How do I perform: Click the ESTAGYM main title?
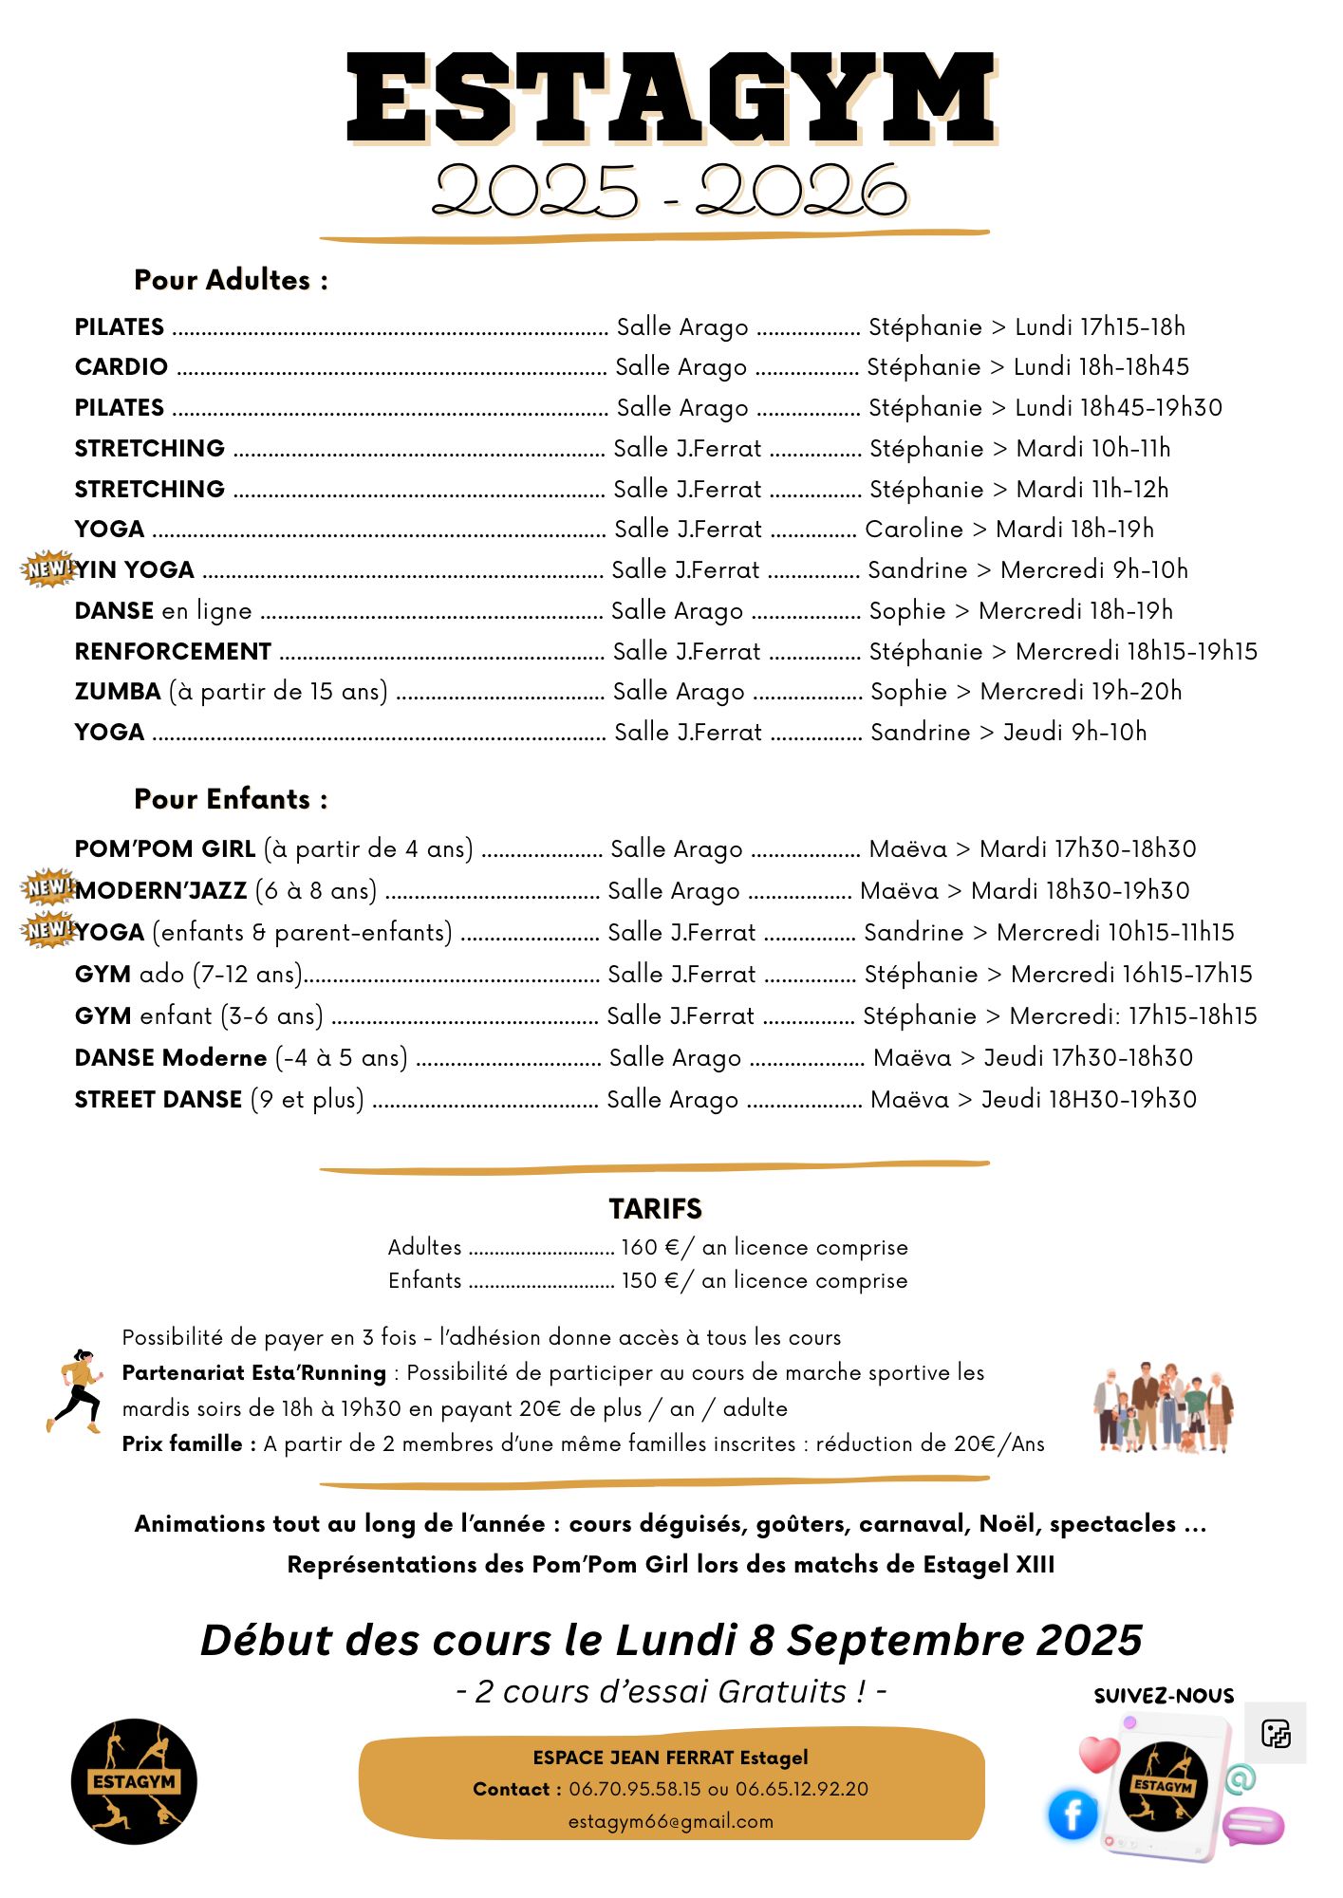point(670,98)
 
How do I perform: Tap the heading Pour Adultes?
point(231,280)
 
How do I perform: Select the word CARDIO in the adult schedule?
point(121,367)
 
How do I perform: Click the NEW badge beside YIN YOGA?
point(48,568)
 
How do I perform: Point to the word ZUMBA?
point(118,692)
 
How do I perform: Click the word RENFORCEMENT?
point(173,652)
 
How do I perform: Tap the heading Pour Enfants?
point(231,799)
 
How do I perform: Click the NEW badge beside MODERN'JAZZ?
point(48,887)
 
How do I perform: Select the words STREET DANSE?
point(159,1100)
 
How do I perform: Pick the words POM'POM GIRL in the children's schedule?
point(165,849)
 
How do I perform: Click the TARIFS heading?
point(655,1209)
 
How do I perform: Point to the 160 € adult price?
point(650,1248)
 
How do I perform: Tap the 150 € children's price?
point(650,1281)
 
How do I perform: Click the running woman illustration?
point(76,1390)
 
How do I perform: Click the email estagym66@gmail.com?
point(670,1822)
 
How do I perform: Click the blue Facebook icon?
point(1073,1814)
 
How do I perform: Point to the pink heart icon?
point(1099,1754)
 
